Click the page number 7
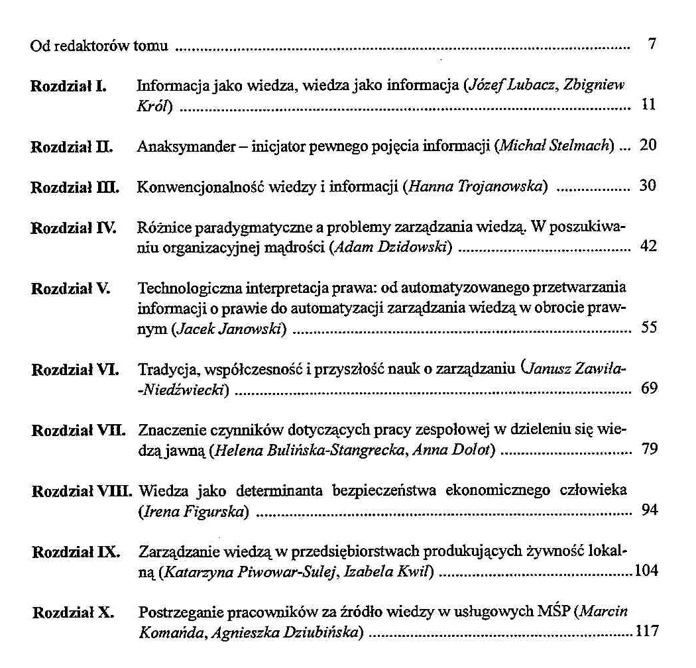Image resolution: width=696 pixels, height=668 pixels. coord(652,46)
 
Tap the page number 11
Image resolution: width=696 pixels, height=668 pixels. coord(649,105)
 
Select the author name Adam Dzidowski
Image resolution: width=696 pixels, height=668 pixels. coord(394,248)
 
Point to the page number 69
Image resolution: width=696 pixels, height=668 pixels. coord(649,388)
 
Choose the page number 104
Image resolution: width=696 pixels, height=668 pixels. coord(646,571)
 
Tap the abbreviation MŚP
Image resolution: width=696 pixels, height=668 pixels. coord(553,612)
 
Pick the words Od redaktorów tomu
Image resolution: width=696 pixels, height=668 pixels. coord(99,47)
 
